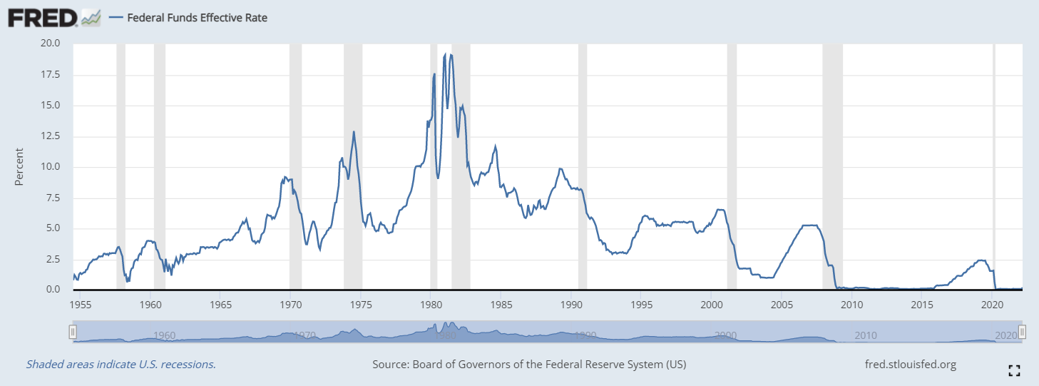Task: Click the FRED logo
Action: pyautogui.click(x=44, y=18)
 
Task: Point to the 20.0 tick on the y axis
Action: pyautogui.click(x=51, y=44)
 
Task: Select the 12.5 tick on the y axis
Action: pyautogui.click(x=51, y=136)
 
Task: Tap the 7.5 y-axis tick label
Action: pyautogui.click(x=53, y=198)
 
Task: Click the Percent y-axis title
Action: pyautogui.click(x=19, y=166)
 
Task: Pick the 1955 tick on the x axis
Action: pyautogui.click(x=81, y=304)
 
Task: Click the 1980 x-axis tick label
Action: pyautogui.click(x=430, y=304)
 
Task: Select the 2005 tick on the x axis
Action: pyautogui.click(x=781, y=304)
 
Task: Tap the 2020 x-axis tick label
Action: pyautogui.click(x=992, y=304)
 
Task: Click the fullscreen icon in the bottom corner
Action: pyautogui.click(x=1014, y=370)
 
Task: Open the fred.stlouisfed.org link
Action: pyautogui.click(x=909, y=365)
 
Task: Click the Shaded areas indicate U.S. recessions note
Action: pyautogui.click(x=121, y=365)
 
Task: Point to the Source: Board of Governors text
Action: pyautogui.click(x=529, y=365)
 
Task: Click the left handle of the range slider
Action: pyautogui.click(x=72, y=332)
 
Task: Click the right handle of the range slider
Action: pyautogui.click(x=1022, y=332)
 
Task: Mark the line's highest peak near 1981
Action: pyautogui.click(x=446, y=54)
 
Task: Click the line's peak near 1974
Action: pyautogui.click(x=354, y=132)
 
